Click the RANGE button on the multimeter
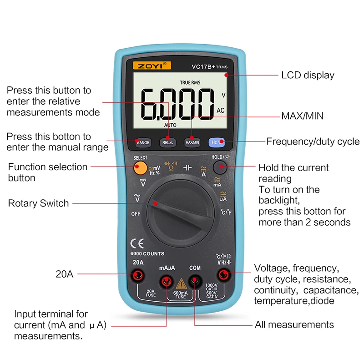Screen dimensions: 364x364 coord(143,142)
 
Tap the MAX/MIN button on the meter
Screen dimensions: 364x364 coord(192,142)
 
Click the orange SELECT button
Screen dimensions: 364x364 coord(141,168)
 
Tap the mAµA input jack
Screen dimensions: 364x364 coord(167,274)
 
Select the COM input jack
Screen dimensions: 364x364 coord(195,274)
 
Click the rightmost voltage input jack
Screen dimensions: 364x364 coord(223,274)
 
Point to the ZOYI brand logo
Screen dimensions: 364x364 coord(149,66)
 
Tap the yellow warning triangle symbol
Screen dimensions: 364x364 coord(181,283)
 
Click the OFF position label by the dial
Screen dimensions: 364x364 coord(136,213)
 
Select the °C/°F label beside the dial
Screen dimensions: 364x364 coord(226,212)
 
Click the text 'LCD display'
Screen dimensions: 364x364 coord(308,75)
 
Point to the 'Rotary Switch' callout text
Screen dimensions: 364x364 coord(39,203)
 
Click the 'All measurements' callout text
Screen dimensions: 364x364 coord(294,324)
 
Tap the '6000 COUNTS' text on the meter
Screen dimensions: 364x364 coord(147,253)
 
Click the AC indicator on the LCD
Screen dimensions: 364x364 coord(221,110)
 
